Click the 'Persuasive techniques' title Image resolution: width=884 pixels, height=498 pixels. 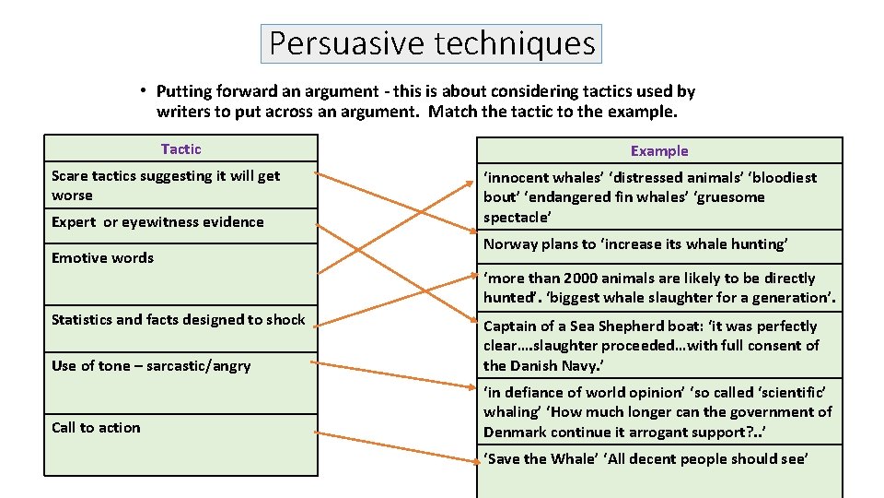pos(431,43)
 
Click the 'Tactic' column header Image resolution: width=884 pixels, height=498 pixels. pos(180,148)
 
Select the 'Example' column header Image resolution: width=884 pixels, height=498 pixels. pos(658,150)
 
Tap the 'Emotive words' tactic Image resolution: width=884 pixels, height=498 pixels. pos(102,257)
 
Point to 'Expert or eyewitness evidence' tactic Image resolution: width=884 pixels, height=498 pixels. pos(157,221)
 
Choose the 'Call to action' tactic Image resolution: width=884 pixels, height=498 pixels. pos(96,427)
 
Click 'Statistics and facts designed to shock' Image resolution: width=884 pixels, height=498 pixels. pos(178,319)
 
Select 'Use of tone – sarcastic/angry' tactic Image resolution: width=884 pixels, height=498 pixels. pos(151,365)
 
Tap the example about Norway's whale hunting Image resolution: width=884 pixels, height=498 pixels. pos(635,243)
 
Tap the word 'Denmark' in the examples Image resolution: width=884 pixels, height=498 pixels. pos(515,432)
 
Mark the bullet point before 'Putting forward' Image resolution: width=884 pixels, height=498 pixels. pos(145,90)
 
